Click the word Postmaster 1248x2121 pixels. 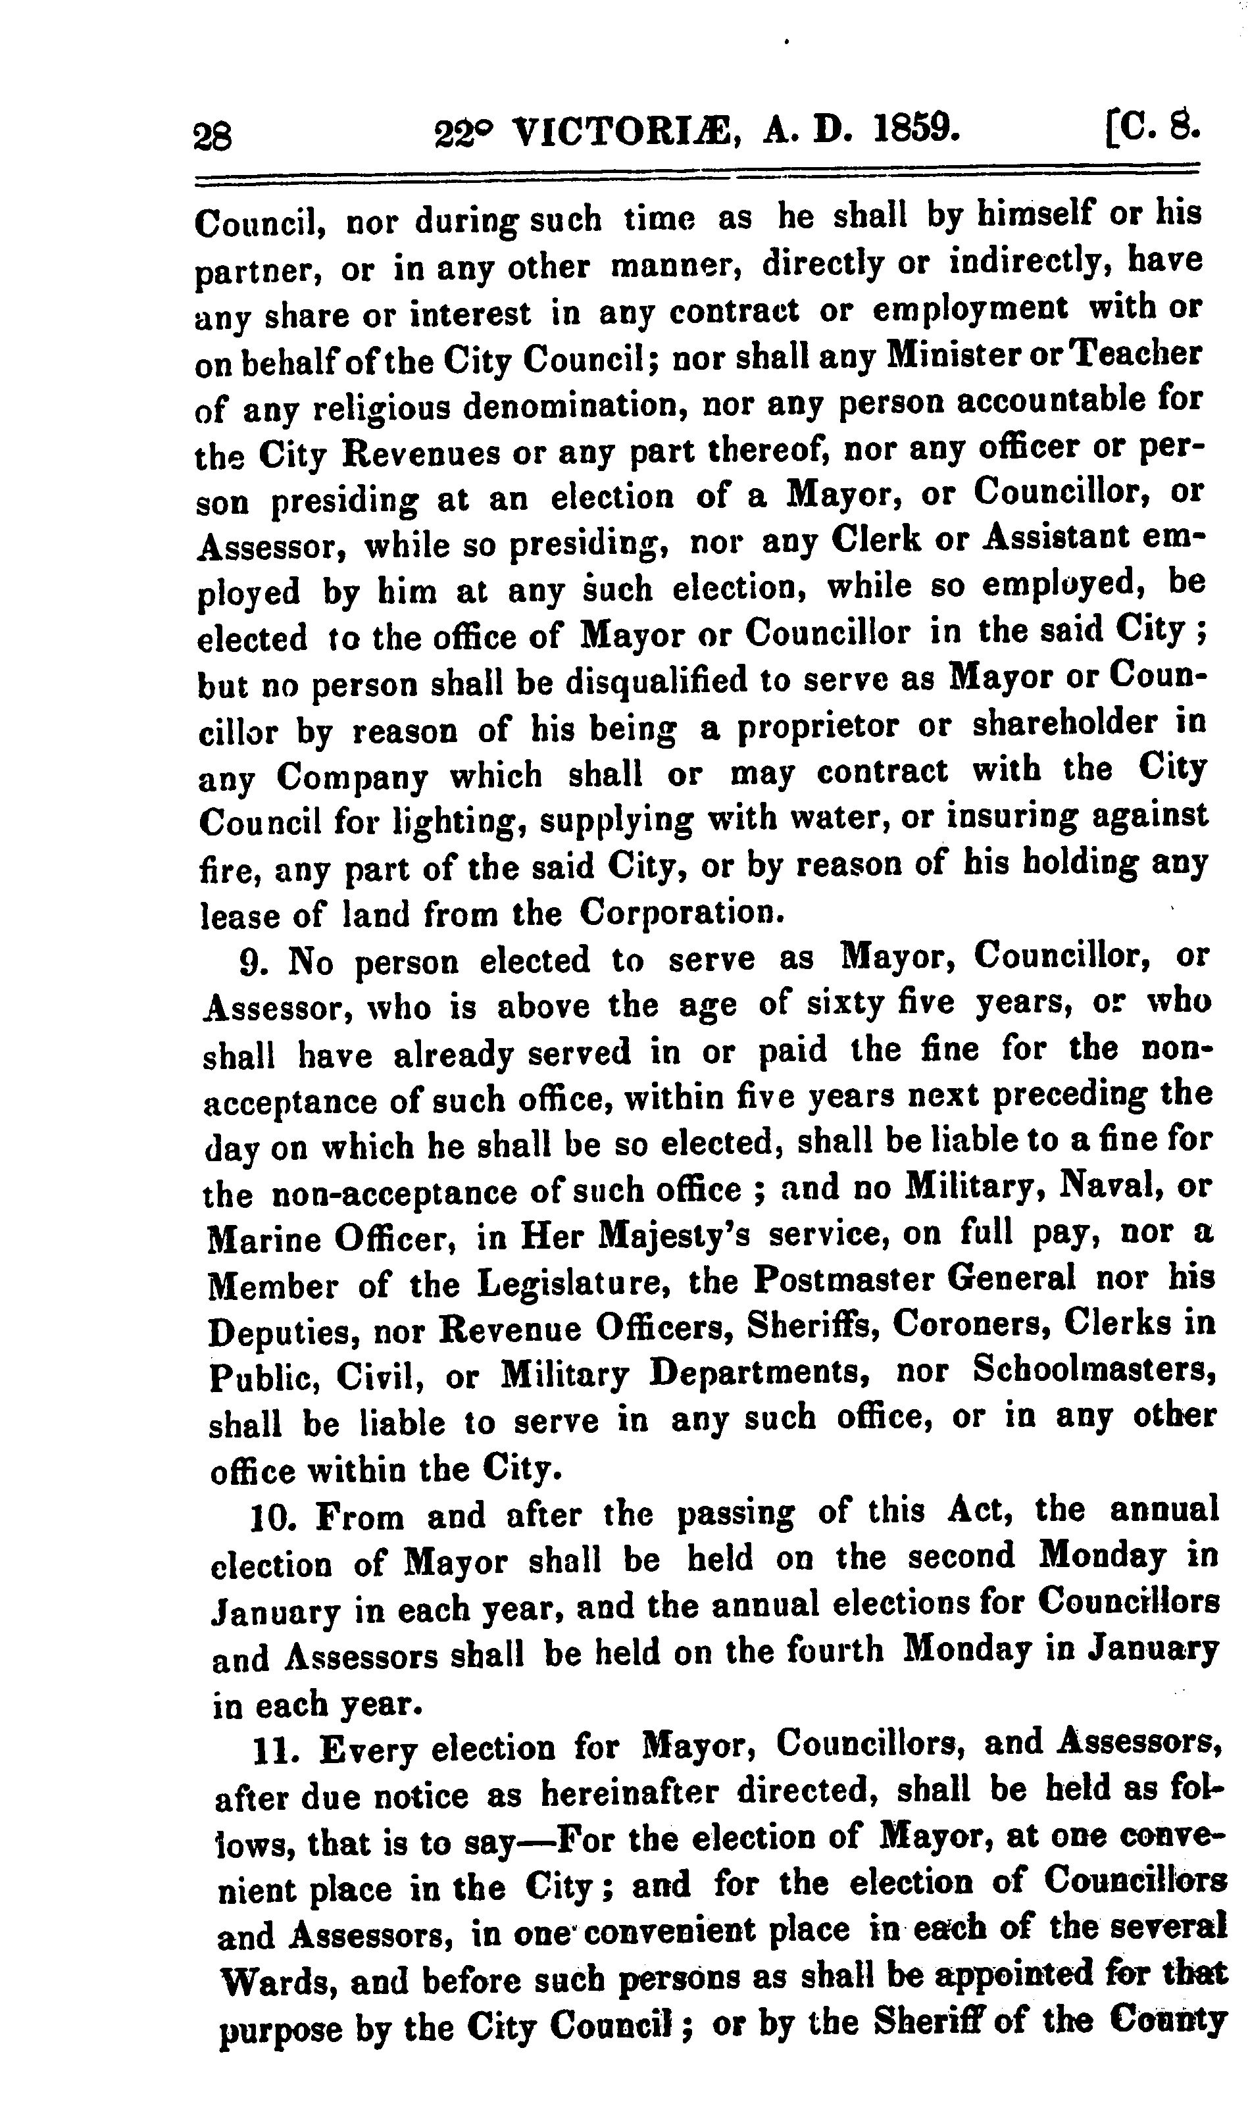(846, 1280)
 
